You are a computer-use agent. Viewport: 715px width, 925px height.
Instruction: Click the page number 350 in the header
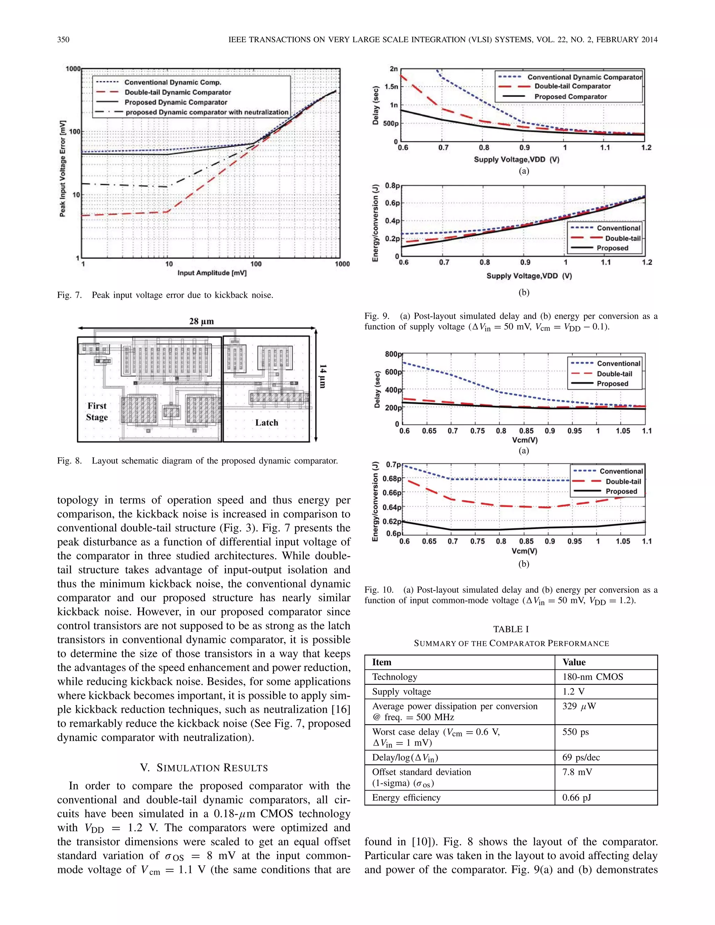coord(63,40)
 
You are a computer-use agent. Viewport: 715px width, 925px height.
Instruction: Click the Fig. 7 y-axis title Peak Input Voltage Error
coord(63,169)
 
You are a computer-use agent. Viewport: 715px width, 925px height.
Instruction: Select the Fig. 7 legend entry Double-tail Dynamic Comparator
coord(177,92)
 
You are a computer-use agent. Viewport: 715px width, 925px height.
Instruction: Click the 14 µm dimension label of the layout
coord(323,376)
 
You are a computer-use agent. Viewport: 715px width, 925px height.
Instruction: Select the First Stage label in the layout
coord(97,412)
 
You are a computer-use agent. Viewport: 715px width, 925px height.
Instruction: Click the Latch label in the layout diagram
coord(266,423)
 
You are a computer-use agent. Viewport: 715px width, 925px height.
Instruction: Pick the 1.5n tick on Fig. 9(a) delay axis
coord(391,87)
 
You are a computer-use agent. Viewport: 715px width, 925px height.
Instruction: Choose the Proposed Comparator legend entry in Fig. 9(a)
coord(570,97)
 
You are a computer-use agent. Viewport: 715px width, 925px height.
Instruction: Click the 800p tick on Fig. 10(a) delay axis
coord(393,354)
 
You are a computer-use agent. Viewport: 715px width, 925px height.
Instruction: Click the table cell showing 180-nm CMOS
coord(592,677)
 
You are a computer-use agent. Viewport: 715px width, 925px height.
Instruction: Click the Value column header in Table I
coord(574,663)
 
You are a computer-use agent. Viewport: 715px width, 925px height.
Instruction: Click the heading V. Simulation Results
coord(204,768)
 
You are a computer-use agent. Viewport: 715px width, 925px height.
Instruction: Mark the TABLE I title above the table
coord(511,629)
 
